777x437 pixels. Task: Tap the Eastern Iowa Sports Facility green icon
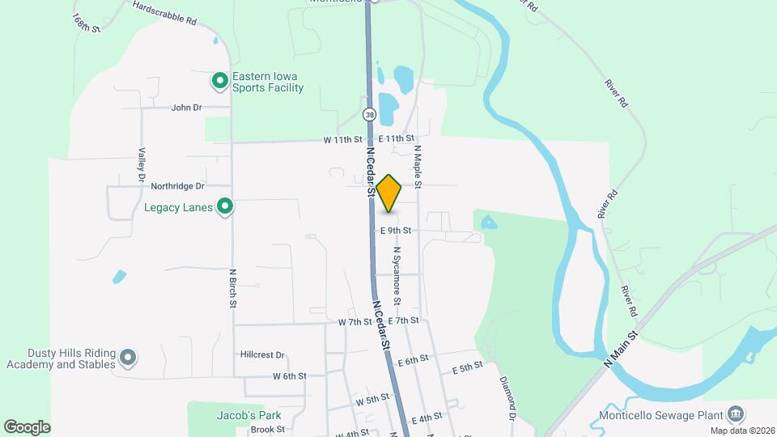pos(219,81)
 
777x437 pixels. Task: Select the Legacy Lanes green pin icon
pos(226,207)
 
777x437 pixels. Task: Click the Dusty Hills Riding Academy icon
pos(128,357)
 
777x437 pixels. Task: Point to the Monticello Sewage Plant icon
pos(735,415)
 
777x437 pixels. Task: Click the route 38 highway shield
pos(369,115)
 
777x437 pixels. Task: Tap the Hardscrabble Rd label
pos(165,15)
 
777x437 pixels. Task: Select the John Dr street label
pos(186,107)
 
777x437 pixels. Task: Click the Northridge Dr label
pos(178,185)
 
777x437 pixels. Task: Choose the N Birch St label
pos(232,289)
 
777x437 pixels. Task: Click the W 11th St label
pos(342,139)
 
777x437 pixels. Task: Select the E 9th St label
pos(396,231)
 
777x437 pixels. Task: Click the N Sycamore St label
pos(397,275)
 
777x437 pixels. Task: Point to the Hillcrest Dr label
pos(263,354)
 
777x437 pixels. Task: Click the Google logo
pos(27,426)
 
